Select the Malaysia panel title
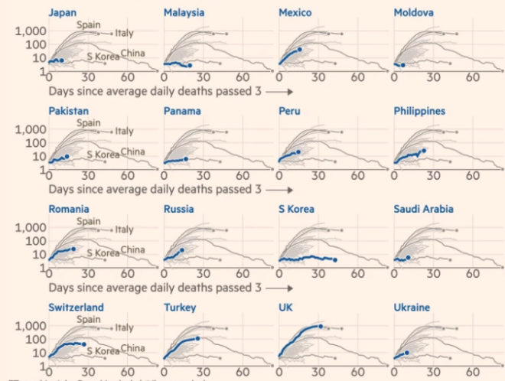click(x=184, y=13)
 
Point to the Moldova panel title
click(x=414, y=13)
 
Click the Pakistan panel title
click(x=68, y=111)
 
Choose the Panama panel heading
click(x=182, y=111)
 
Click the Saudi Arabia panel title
click(x=423, y=209)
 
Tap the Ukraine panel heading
click(x=412, y=308)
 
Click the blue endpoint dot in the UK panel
click(x=321, y=327)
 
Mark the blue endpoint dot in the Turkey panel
click(x=198, y=338)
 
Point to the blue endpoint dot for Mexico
click(x=300, y=50)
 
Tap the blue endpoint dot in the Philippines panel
click(x=424, y=150)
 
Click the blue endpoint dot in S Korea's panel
click(x=335, y=260)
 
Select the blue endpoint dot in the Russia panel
click(x=182, y=249)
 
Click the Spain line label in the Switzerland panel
click(x=89, y=319)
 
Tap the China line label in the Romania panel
click(x=132, y=249)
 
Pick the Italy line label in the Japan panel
click(x=124, y=33)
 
